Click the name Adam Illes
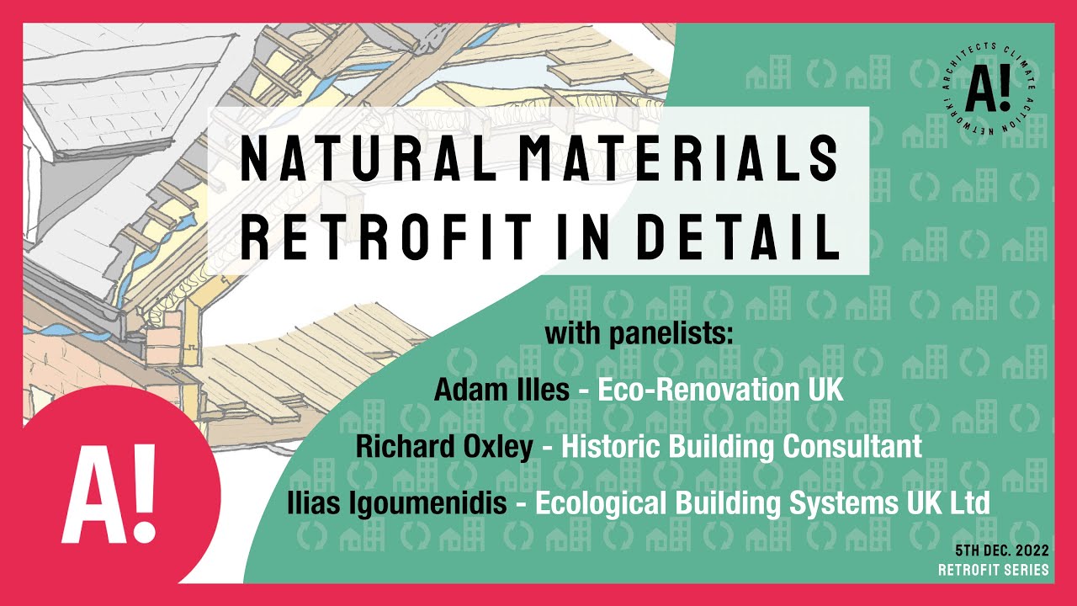[501, 390]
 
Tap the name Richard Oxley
[444, 446]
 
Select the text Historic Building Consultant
[741, 446]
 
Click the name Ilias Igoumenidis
[396, 502]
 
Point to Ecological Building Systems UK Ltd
[762, 502]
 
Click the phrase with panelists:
[639, 333]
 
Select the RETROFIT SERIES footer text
[994, 570]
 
